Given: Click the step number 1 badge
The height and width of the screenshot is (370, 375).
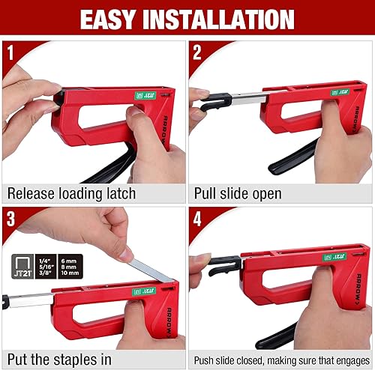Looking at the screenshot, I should pyautogui.click(x=10, y=53).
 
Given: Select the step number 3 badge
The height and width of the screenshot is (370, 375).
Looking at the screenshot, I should pyautogui.click(x=10, y=219).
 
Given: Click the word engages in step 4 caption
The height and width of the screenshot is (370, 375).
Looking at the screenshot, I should pyautogui.click(x=346, y=358).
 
